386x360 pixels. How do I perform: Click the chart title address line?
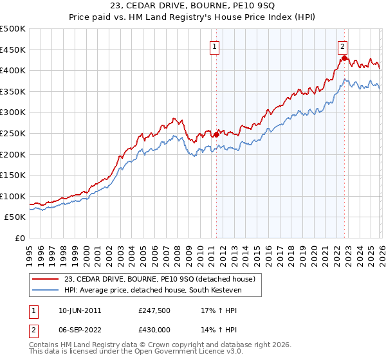click(x=193, y=6)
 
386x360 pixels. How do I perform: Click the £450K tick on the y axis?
click(x=13, y=50)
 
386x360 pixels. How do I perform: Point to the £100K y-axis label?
click(x=13, y=196)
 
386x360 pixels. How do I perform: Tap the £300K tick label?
click(x=13, y=113)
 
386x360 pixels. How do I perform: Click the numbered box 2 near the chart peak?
click(x=343, y=46)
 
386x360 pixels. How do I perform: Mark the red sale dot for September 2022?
click(x=344, y=58)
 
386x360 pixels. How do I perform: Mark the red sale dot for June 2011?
click(x=216, y=134)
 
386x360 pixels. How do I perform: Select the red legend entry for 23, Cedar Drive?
click(x=160, y=279)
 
